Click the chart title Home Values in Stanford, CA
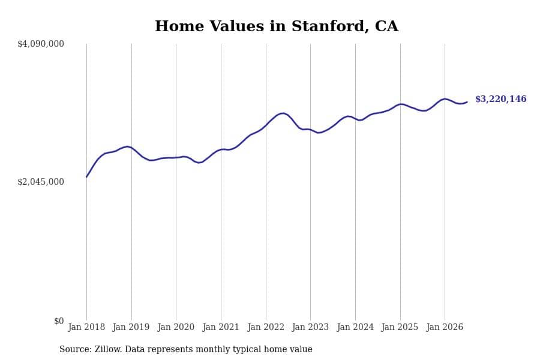(x=277, y=26)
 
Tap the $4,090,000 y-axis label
(x=41, y=44)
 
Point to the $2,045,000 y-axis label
(x=41, y=182)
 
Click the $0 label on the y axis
(x=59, y=321)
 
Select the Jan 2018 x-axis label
(x=86, y=327)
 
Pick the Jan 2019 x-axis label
(x=131, y=327)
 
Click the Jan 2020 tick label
(x=176, y=327)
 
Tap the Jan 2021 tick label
(x=221, y=327)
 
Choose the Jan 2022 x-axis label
(x=266, y=327)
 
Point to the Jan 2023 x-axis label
(x=310, y=327)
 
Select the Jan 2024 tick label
(x=355, y=327)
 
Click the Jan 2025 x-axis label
(x=400, y=327)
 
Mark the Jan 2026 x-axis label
(x=445, y=327)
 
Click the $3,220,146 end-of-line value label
(x=501, y=99)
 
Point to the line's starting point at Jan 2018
(x=86, y=177)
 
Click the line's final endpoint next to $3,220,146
(x=467, y=102)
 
